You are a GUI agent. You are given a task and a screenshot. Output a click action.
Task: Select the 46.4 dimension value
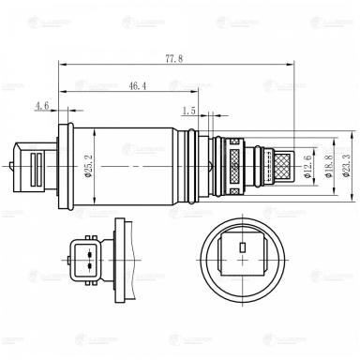137,86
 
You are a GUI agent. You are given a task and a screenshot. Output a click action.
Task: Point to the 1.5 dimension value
189,111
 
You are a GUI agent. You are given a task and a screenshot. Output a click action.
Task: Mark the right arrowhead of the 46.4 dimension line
196,93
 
